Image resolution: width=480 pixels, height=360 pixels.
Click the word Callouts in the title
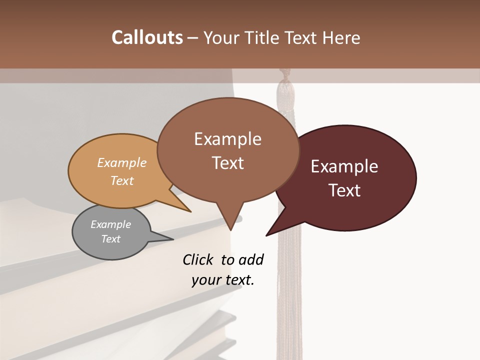point(147,37)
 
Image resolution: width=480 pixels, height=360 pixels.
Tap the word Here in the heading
point(342,37)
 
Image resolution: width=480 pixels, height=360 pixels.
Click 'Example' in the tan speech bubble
point(122,162)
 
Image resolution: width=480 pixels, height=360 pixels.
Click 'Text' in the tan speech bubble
point(122,180)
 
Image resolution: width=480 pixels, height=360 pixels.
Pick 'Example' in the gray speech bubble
point(110,224)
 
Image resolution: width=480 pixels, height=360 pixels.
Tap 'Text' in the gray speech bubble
point(110,239)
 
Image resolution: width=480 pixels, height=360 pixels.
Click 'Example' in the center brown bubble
point(227,138)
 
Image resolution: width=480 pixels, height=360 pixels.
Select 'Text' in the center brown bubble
point(227,162)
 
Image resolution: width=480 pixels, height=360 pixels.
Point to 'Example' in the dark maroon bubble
point(344,166)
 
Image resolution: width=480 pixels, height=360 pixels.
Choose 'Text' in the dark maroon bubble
point(344,190)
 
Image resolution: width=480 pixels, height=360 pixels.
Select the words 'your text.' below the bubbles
point(223,280)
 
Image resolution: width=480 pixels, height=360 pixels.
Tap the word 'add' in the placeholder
point(251,259)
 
